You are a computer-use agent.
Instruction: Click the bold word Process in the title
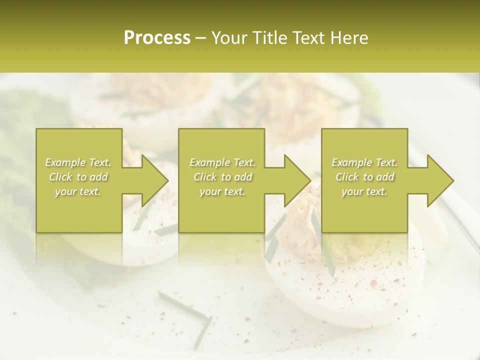click(157, 38)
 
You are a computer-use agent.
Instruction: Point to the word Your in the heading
click(229, 38)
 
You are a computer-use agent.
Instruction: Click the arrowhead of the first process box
click(154, 180)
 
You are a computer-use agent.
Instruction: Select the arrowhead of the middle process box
click(297, 180)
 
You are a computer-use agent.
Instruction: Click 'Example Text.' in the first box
click(78, 162)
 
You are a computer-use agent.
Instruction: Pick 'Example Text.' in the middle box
click(222, 162)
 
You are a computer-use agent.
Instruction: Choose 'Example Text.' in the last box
click(364, 162)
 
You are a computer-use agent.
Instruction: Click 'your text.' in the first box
click(78, 191)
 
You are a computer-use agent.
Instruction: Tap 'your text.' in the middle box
click(222, 191)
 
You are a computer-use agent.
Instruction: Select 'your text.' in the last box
click(364, 191)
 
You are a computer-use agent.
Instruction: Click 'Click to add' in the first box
click(78, 177)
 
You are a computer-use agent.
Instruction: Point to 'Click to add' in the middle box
click(222, 177)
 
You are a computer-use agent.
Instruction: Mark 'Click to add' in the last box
click(364, 177)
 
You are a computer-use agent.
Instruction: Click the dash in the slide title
click(201, 38)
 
